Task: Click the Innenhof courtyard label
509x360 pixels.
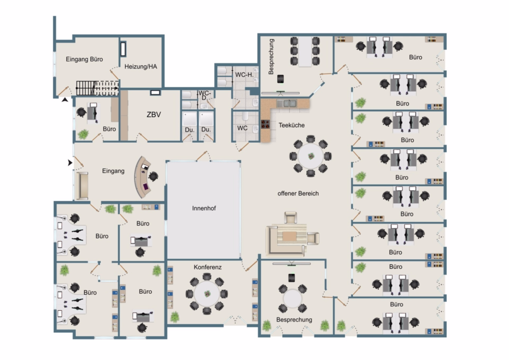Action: (204, 208)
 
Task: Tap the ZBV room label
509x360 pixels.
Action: (153, 114)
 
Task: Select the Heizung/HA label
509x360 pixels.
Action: (141, 67)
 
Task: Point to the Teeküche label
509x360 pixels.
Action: (291, 125)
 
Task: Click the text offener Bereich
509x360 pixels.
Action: (298, 194)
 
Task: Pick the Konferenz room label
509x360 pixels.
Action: (208, 267)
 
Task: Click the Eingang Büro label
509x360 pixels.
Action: (84, 59)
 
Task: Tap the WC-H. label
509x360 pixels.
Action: (244, 75)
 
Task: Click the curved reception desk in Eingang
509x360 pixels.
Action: (140, 177)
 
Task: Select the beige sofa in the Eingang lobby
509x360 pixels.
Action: (82, 186)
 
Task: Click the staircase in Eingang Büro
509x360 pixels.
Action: (97, 88)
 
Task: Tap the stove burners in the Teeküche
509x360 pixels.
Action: (266, 124)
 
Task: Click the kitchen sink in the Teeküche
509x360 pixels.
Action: (287, 104)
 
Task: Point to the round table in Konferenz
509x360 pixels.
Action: (207, 294)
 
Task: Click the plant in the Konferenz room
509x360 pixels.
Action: (175, 317)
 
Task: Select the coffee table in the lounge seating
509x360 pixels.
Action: (289, 236)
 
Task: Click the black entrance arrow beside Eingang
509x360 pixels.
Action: (70, 162)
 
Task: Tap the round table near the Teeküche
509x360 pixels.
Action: (310, 156)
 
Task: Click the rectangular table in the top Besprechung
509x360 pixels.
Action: (305, 51)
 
